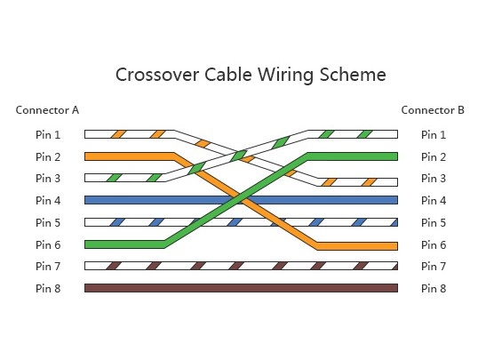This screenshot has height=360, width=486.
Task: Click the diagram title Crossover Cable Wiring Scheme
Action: click(x=251, y=74)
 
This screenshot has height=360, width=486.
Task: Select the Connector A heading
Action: click(x=47, y=110)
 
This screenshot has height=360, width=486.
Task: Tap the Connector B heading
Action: click(x=433, y=110)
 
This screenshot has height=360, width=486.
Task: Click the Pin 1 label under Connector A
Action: click(x=48, y=135)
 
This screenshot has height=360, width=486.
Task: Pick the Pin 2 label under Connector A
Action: click(x=48, y=157)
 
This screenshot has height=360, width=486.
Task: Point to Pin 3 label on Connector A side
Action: click(x=48, y=179)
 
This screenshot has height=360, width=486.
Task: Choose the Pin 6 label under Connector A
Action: click(x=48, y=244)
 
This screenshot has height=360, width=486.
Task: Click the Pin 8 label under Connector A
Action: click(x=48, y=288)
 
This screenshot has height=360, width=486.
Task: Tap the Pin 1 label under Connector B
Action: click(x=434, y=135)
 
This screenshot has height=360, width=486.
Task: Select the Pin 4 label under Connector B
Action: click(x=434, y=201)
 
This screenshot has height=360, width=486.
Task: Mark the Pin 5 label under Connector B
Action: click(x=434, y=222)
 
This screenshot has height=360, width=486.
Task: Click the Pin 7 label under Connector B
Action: click(x=434, y=266)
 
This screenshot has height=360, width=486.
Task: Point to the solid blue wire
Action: click(x=133, y=200)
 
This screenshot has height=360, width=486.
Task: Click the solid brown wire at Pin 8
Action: click(x=240, y=288)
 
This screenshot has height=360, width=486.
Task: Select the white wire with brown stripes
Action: click(x=240, y=266)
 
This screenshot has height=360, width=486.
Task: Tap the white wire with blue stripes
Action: click(x=133, y=222)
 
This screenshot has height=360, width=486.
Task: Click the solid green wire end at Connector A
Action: click(x=116, y=244)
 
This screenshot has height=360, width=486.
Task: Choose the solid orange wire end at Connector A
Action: click(x=116, y=156)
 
